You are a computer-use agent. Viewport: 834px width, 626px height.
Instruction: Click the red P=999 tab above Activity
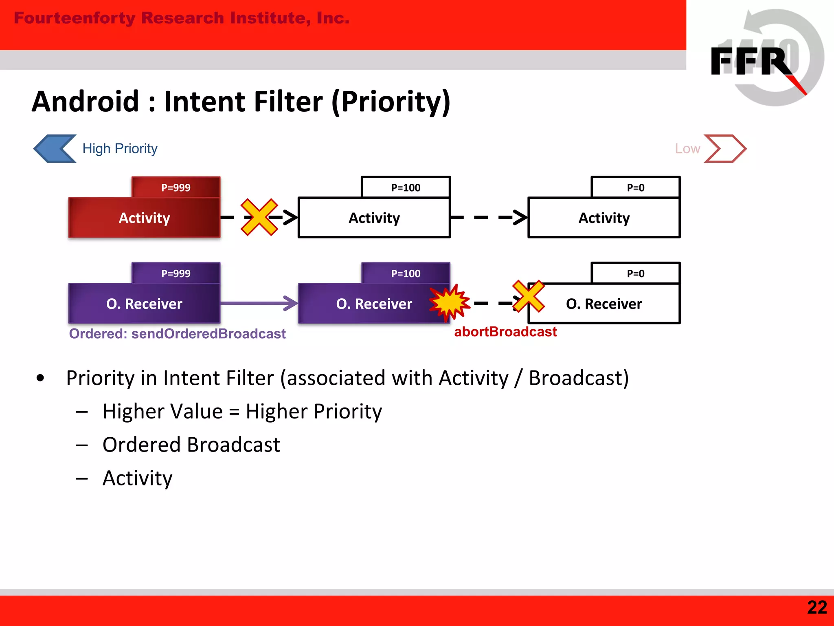(x=176, y=187)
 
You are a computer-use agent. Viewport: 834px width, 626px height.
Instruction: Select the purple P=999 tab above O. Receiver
(x=176, y=273)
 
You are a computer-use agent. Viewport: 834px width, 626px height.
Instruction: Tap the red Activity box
(x=144, y=218)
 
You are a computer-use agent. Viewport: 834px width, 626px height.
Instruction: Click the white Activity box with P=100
(x=374, y=218)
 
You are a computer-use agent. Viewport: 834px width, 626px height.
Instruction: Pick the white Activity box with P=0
(x=604, y=218)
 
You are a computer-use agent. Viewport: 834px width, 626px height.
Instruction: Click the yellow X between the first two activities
(x=259, y=217)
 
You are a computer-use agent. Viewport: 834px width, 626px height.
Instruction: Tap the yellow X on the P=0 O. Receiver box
(x=529, y=296)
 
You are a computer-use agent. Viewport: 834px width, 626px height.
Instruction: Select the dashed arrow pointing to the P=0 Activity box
(x=489, y=218)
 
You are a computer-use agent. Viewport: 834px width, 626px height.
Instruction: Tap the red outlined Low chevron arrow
(x=725, y=149)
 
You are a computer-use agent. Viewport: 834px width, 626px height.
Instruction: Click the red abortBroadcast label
(x=505, y=332)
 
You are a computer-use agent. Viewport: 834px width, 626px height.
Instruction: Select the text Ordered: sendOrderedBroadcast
(x=177, y=334)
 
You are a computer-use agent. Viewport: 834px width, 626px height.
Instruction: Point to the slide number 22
(x=817, y=608)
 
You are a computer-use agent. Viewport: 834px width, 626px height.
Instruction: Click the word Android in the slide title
(x=86, y=101)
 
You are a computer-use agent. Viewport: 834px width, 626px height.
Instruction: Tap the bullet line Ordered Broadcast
(x=191, y=445)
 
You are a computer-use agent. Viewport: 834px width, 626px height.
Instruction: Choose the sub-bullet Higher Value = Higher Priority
(x=242, y=411)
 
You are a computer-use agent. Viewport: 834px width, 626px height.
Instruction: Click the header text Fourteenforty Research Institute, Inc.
(x=182, y=18)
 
